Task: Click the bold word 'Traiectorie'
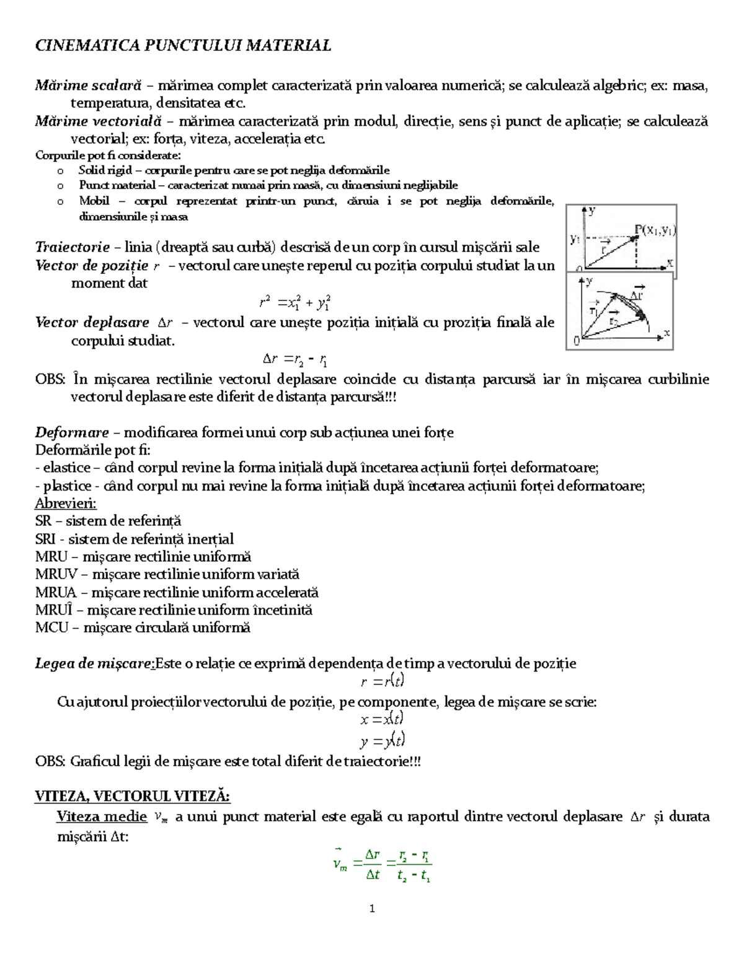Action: point(72,247)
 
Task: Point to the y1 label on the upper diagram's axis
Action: point(575,238)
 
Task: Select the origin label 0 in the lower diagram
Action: point(577,341)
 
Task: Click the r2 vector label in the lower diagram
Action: point(613,321)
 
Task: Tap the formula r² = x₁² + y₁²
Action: point(294,303)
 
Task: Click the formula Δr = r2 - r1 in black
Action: point(295,359)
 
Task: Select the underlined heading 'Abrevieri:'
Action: point(66,503)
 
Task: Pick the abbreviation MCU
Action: point(51,627)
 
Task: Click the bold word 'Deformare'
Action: point(72,432)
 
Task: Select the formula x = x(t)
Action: point(382,719)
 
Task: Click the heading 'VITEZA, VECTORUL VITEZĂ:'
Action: point(133,796)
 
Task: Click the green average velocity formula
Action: point(382,864)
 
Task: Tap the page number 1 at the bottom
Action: point(372,909)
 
